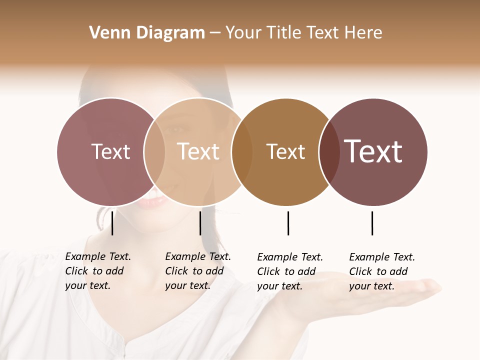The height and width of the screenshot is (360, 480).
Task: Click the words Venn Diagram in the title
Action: (x=147, y=33)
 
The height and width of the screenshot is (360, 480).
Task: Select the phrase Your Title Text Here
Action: (x=303, y=33)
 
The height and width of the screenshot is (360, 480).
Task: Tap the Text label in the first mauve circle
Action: (x=110, y=151)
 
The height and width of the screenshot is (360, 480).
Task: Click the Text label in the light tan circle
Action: (x=198, y=151)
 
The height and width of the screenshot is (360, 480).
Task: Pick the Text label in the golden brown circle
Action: (x=285, y=151)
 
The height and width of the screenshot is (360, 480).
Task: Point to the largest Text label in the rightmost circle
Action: (x=373, y=151)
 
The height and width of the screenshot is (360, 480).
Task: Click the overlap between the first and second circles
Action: (x=154, y=151)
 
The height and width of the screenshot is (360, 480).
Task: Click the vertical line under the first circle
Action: (x=112, y=223)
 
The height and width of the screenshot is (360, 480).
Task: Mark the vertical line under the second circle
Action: (x=200, y=223)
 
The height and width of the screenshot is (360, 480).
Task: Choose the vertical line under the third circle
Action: (x=288, y=223)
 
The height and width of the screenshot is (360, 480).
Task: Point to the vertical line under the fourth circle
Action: (x=372, y=223)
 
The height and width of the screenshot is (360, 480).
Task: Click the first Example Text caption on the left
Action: (x=98, y=271)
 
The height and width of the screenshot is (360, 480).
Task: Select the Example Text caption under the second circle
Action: (x=198, y=271)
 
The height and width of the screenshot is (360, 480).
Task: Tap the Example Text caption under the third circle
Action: (x=290, y=271)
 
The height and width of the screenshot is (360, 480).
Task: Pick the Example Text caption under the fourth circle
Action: (x=382, y=271)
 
